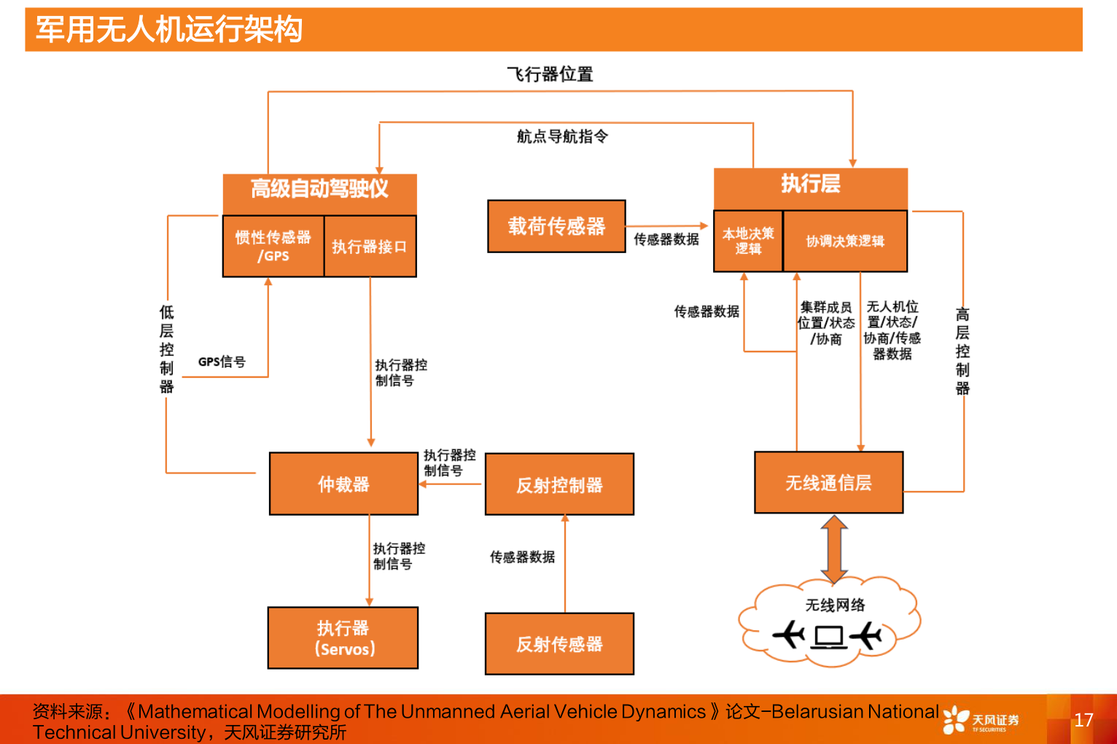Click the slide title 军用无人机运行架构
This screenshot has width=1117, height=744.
click(x=169, y=30)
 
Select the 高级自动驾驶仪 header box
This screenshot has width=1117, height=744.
click(x=319, y=190)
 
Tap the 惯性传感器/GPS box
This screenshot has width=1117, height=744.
click(x=273, y=247)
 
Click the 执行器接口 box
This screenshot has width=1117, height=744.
click(x=370, y=247)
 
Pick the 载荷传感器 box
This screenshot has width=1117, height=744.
click(x=556, y=227)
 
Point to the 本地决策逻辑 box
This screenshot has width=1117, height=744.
click(x=748, y=241)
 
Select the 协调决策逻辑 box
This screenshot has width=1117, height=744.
click(x=845, y=241)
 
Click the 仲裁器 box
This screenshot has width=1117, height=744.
click(x=343, y=484)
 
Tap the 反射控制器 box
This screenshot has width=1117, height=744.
click(x=559, y=485)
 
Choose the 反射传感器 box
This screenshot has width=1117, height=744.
click(x=559, y=644)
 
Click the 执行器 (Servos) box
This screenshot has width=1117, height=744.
click(x=343, y=638)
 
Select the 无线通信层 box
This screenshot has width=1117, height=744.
click(x=829, y=483)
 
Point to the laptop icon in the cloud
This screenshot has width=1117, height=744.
click(x=830, y=638)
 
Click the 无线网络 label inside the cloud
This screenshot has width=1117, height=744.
click(x=835, y=605)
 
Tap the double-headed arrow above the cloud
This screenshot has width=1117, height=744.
click(x=834, y=549)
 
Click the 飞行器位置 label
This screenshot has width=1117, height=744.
click(x=550, y=74)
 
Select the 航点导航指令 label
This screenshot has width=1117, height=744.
click(x=562, y=136)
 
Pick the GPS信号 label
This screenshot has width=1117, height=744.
click(x=222, y=362)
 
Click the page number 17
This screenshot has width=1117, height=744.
click(x=1083, y=720)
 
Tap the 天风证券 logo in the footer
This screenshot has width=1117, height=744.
click(x=981, y=720)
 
